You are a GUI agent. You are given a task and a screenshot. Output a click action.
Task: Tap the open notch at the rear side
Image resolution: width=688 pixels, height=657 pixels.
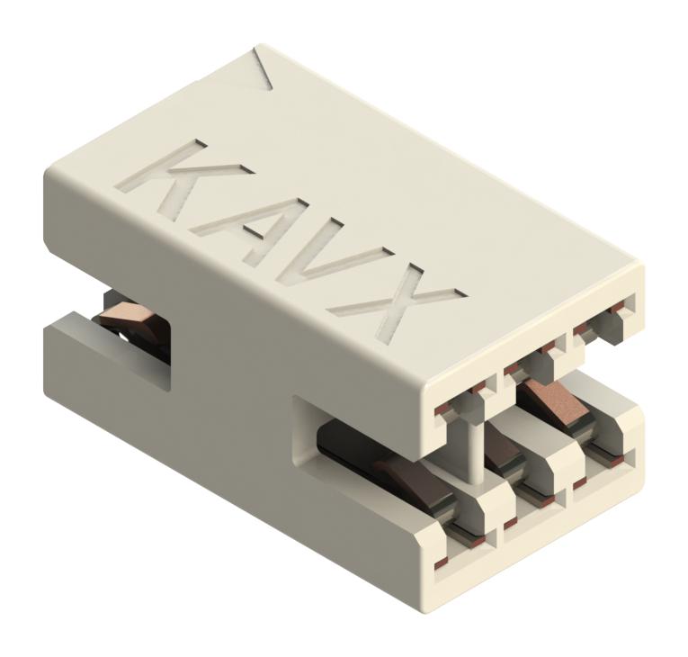(x=135, y=333)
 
